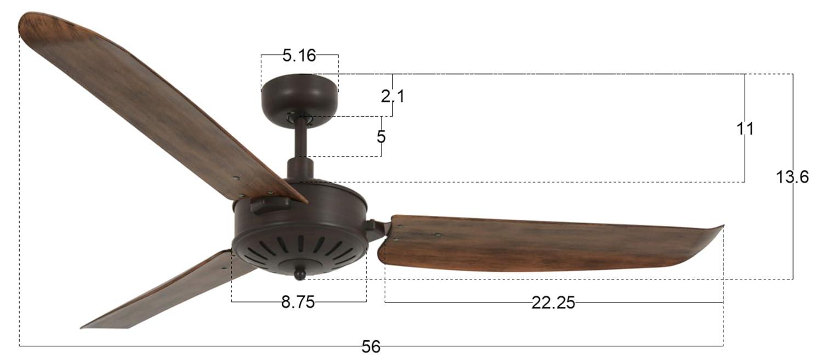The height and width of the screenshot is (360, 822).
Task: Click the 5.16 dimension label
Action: (299, 55)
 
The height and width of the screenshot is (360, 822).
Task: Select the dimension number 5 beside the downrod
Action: (381, 136)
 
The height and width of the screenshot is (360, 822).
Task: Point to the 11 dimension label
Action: (745, 129)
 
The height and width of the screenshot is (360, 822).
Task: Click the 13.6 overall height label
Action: (792, 177)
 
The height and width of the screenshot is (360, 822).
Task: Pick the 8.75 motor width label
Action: (298, 302)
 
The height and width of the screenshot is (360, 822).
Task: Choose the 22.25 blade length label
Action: (553, 302)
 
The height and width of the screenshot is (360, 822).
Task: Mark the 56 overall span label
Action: (371, 346)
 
